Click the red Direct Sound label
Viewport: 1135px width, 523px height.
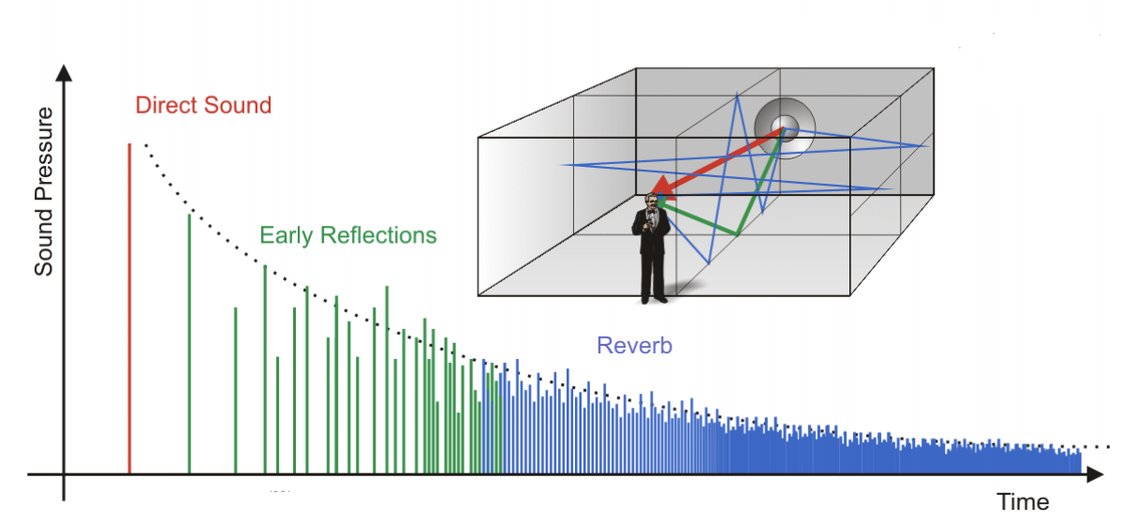203,105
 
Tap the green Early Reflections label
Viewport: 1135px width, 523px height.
347,234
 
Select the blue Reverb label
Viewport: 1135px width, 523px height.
634,345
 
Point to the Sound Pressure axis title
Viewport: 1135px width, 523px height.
44,191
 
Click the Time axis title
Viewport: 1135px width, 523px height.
1023,501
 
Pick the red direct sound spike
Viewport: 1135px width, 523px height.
129,309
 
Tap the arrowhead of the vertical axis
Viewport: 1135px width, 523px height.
64,72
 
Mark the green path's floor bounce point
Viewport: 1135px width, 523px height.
738,234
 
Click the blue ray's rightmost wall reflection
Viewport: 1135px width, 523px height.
927,145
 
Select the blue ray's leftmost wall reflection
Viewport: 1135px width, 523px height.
562,165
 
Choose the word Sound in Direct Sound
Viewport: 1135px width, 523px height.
239,105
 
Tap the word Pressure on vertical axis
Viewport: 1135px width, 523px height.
44,154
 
